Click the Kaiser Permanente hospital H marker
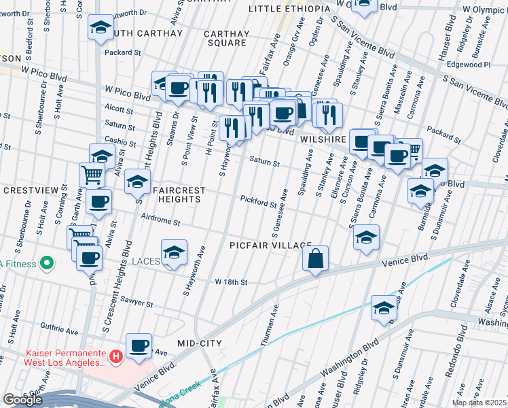pyautogui.click(x=116, y=355)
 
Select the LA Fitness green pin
pyautogui.click(x=46, y=262)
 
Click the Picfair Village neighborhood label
pyautogui.click(x=270, y=245)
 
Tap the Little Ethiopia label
pyautogui.click(x=289, y=9)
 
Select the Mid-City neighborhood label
pyautogui.click(x=199, y=343)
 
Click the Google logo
pyautogui.click(x=22, y=400)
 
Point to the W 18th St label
pyautogui.click(x=231, y=282)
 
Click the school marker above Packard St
pyautogui.click(x=101, y=28)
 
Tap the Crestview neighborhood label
pyautogui.click(x=24, y=191)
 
